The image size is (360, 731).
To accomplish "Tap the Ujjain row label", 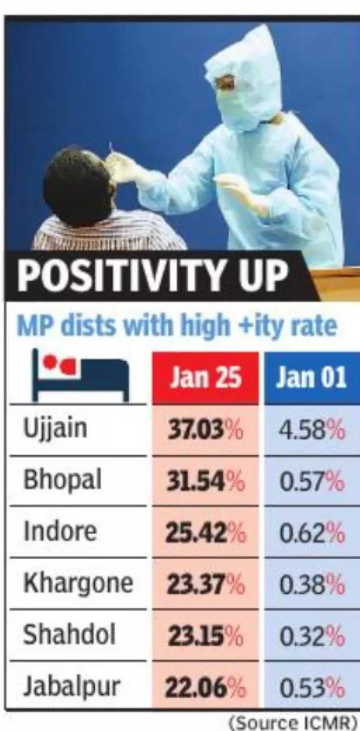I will [x=56, y=428].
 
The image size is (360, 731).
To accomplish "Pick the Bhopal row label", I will [x=62, y=480].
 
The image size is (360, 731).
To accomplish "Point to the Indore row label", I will [x=60, y=532].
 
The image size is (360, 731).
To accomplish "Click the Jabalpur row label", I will [x=72, y=687].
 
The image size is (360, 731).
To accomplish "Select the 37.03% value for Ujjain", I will [x=206, y=431].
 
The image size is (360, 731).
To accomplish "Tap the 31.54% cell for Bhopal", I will [x=206, y=483].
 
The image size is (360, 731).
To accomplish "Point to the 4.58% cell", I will [x=312, y=431].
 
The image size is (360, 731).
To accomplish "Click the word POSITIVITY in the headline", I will [x=114, y=277].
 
